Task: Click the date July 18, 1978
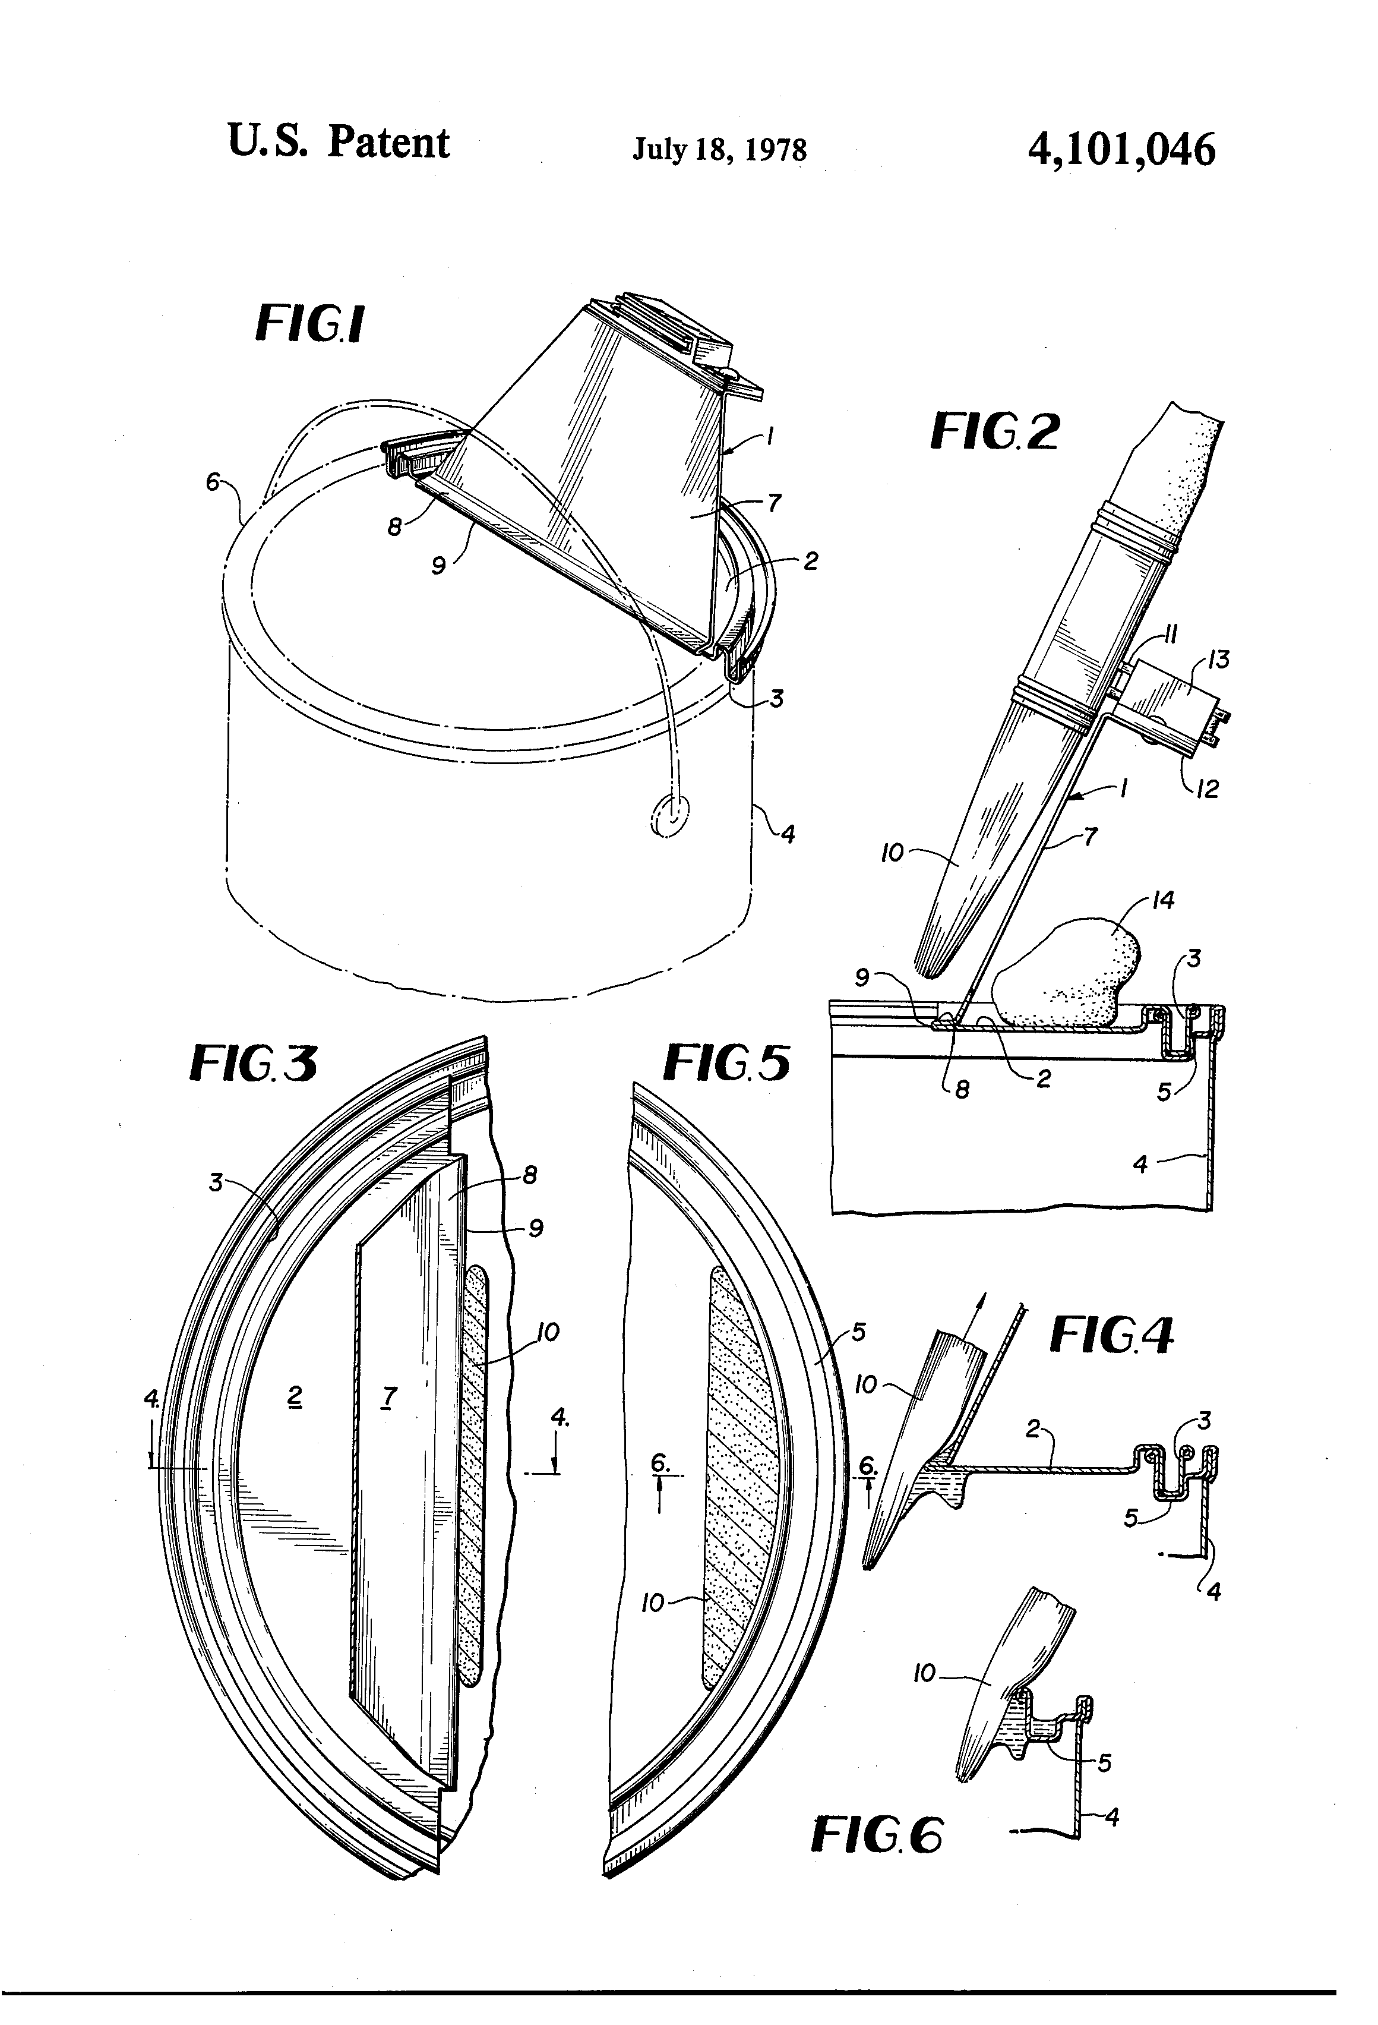[719, 149]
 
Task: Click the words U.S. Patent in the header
[338, 142]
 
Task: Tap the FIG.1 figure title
[309, 324]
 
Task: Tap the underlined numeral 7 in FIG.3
[390, 1397]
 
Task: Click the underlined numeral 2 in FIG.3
[295, 1397]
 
